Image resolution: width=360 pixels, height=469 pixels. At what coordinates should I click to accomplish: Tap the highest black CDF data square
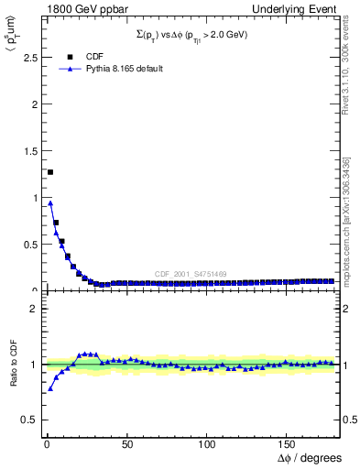[x=50, y=172]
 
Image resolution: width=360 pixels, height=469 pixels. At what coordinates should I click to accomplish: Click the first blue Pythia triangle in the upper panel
[x=50, y=203]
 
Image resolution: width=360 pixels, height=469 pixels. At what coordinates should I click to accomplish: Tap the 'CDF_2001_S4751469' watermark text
[x=191, y=274]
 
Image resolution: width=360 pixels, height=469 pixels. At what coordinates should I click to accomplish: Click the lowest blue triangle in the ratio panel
[x=50, y=388]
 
